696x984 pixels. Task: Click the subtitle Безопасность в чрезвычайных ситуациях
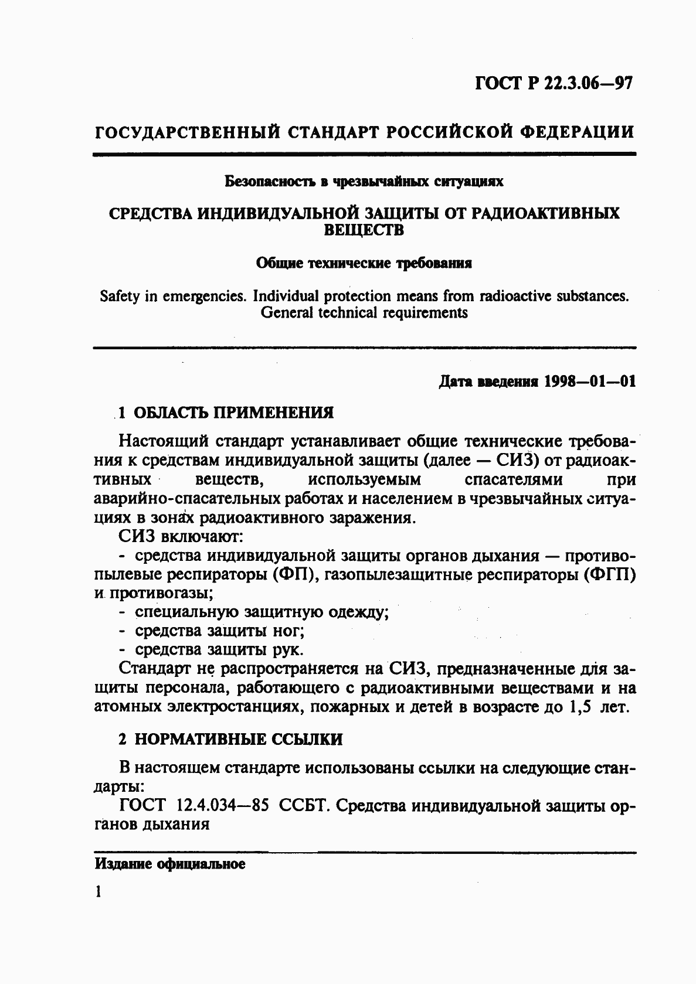(x=364, y=181)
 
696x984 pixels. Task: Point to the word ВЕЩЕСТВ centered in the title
(x=364, y=230)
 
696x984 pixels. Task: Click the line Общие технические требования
(x=364, y=263)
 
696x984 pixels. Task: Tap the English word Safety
(x=120, y=296)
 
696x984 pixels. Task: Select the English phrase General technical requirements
(x=364, y=312)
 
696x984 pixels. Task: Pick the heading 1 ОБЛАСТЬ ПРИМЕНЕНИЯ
(x=226, y=413)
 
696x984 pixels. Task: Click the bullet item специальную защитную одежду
(x=262, y=612)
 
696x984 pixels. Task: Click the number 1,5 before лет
(x=582, y=707)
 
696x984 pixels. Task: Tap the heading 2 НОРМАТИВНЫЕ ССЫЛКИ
(x=230, y=739)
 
